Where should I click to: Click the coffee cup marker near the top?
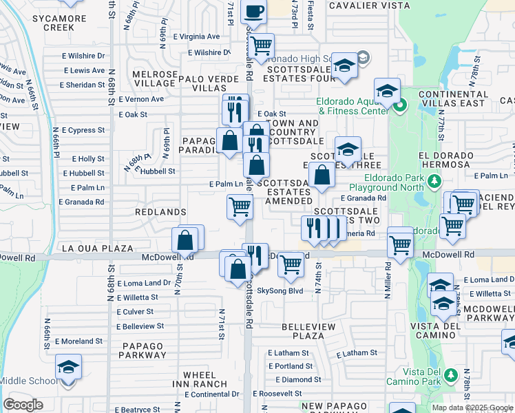[x=253, y=13]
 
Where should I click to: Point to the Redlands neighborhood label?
[x=161, y=212]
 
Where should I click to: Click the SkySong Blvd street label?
[x=280, y=290]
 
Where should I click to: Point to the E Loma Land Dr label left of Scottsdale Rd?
[x=144, y=283]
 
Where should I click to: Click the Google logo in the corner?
[x=23, y=405]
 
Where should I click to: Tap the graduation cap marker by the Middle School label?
[x=68, y=368]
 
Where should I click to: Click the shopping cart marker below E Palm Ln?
[x=240, y=206]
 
